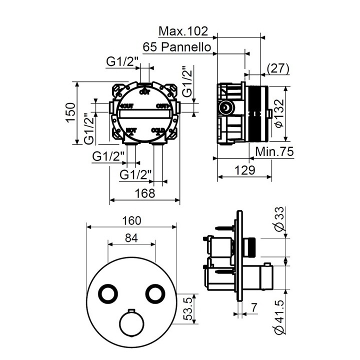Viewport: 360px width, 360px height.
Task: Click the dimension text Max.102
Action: pos(182,32)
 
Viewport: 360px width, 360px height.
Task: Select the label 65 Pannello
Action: pos(179,47)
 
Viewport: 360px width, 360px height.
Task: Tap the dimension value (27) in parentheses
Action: pos(279,69)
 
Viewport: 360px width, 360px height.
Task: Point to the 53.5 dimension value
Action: pos(188,308)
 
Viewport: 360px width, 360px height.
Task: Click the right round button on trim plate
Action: pos(154,293)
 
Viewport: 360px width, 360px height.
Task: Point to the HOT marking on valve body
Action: pos(131,131)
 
